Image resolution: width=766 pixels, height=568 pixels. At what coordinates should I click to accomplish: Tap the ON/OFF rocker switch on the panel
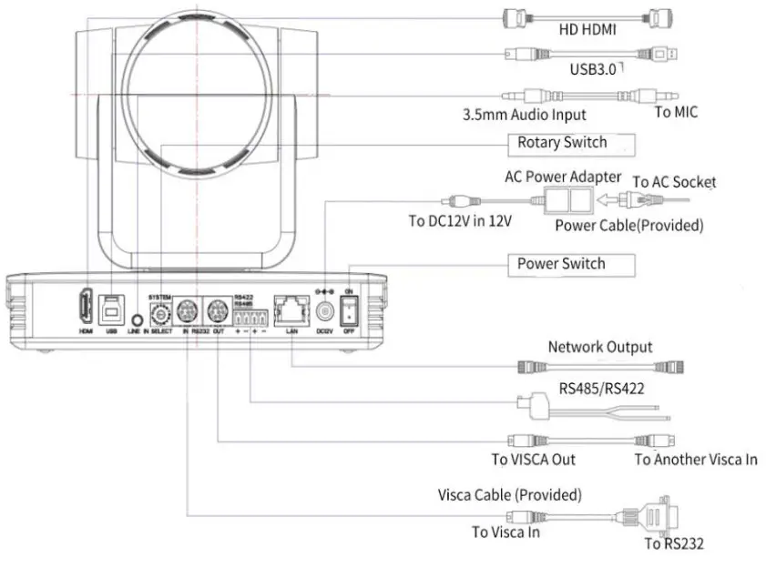(x=349, y=310)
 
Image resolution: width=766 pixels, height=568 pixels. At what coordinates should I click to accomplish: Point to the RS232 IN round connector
(x=186, y=309)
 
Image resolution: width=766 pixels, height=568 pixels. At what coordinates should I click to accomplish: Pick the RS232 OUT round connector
(x=217, y=309)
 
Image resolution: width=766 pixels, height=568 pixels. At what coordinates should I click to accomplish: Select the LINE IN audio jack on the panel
(x=137, y=319)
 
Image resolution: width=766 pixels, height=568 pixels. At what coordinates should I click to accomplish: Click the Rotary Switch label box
(x=569, y=143)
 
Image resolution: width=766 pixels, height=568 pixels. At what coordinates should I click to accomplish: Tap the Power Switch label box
(x=569, y=264)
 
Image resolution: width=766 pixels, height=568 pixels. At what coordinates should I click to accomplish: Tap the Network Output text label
(x=599, y=347)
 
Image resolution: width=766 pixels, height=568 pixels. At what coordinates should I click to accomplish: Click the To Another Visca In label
(x=695, y=459)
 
